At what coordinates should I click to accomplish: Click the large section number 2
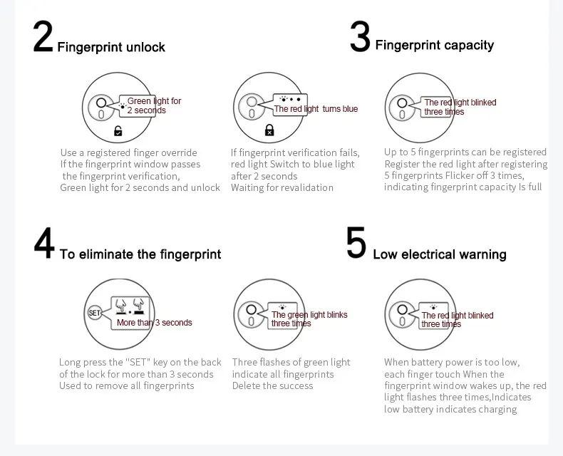click(x=43, y=36)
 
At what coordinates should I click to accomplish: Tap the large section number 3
click(x=360, y=36)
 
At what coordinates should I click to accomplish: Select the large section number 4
click(x=44, y=243)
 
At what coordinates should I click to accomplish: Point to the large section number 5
click(x=356, y=242)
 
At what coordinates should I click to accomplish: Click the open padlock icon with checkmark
click(x=118, y=131)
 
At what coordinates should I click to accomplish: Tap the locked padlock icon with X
click(x=269, y=130)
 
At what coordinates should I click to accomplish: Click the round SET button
click(x=95, y=313)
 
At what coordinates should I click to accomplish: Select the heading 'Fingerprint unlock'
click(x=111, y=47)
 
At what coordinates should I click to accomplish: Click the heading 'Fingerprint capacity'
click(x=435, y=45)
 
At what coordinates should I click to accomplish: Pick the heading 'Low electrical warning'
click(x=440, y=254)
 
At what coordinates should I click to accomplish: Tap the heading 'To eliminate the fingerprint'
click(x=140, y=254)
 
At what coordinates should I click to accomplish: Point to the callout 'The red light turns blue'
click(x=316, y=109)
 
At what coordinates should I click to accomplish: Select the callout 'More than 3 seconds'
click(x=155, y=323)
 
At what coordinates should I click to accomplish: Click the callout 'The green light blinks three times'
click(x=309, y=318)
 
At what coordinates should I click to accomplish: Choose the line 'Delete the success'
click(x=272, y=385)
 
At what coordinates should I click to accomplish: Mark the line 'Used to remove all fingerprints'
click(x=126, y=385)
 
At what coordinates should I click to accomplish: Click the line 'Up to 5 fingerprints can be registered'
click(x=465, y=152)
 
